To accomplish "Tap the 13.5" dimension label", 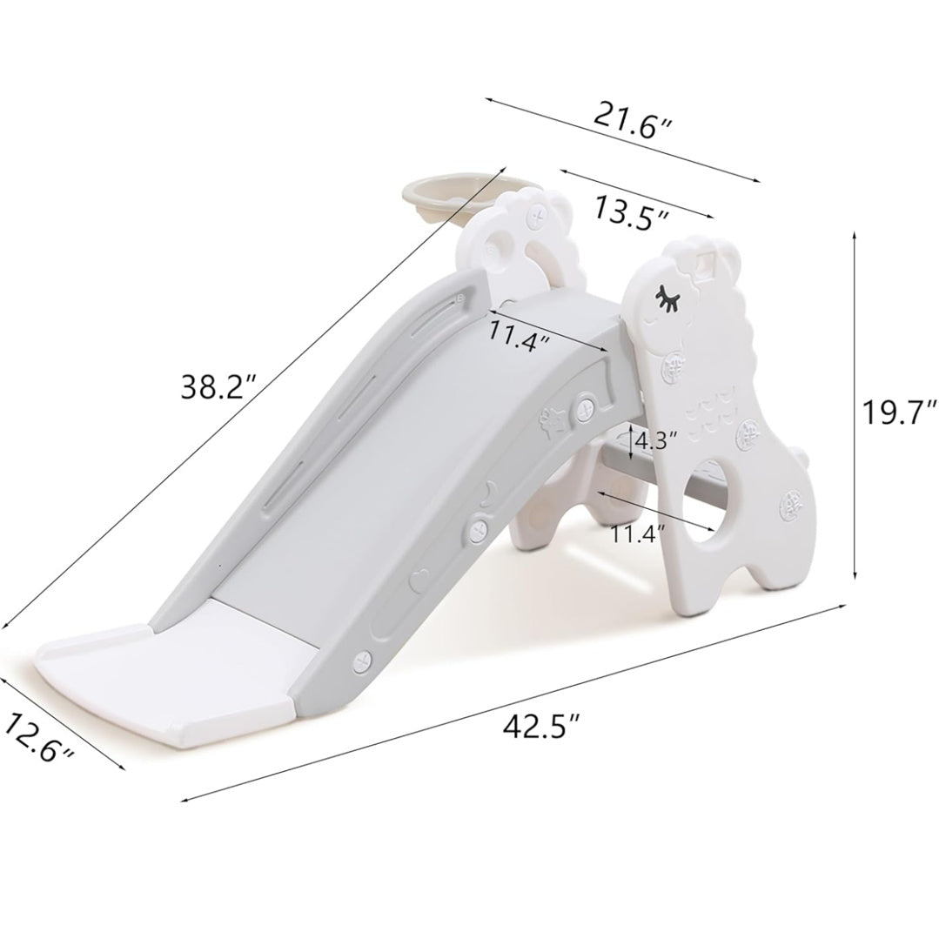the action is [x=631, y=212].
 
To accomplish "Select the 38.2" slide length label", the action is [x=219, y=387].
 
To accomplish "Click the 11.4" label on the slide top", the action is [x=520, y=335].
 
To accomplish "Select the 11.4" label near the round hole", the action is [x=637, y=533].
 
